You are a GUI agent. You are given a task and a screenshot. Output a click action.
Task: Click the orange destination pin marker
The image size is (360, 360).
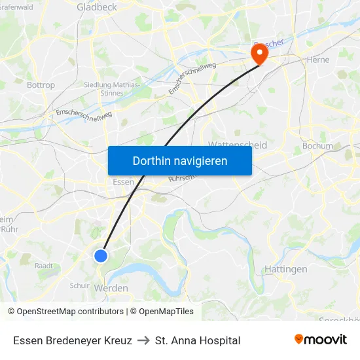(x=260, y=52)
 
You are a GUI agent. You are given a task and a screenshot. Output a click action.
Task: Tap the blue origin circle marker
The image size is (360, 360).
(x=101, y=255)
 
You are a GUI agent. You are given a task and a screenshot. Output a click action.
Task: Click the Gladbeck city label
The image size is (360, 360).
(x=96, y=7)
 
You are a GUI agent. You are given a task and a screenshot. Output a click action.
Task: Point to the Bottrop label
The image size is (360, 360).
(x=41, y=85)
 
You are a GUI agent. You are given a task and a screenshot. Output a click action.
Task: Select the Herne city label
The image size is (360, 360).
(x=318, y=60)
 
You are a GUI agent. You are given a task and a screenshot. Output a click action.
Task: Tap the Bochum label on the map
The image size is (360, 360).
(x=317, y=146)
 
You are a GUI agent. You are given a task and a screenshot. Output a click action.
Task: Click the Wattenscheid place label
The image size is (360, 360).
(x=237, y=145)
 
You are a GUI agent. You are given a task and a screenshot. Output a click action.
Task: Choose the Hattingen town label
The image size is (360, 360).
(x=286, y=269)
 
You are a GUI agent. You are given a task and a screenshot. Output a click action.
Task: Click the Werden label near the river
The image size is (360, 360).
(x=111, y=288)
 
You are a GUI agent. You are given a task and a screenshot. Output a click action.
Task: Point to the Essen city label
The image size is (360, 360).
(x=124, y=182)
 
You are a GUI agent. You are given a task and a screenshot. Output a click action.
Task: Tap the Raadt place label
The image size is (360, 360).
(x=44, y=266)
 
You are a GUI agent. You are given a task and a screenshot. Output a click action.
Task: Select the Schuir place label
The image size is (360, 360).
(x=79, y=285)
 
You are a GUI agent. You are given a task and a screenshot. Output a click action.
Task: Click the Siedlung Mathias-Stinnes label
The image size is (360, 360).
(x=113, y=88)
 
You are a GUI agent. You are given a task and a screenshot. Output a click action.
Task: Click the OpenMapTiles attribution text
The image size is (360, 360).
(x=162, y=312)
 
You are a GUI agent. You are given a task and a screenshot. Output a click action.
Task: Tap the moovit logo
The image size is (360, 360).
(x=321, y=340)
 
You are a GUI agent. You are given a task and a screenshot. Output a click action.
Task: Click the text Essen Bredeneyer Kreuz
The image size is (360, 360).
(x=73, y=340)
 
